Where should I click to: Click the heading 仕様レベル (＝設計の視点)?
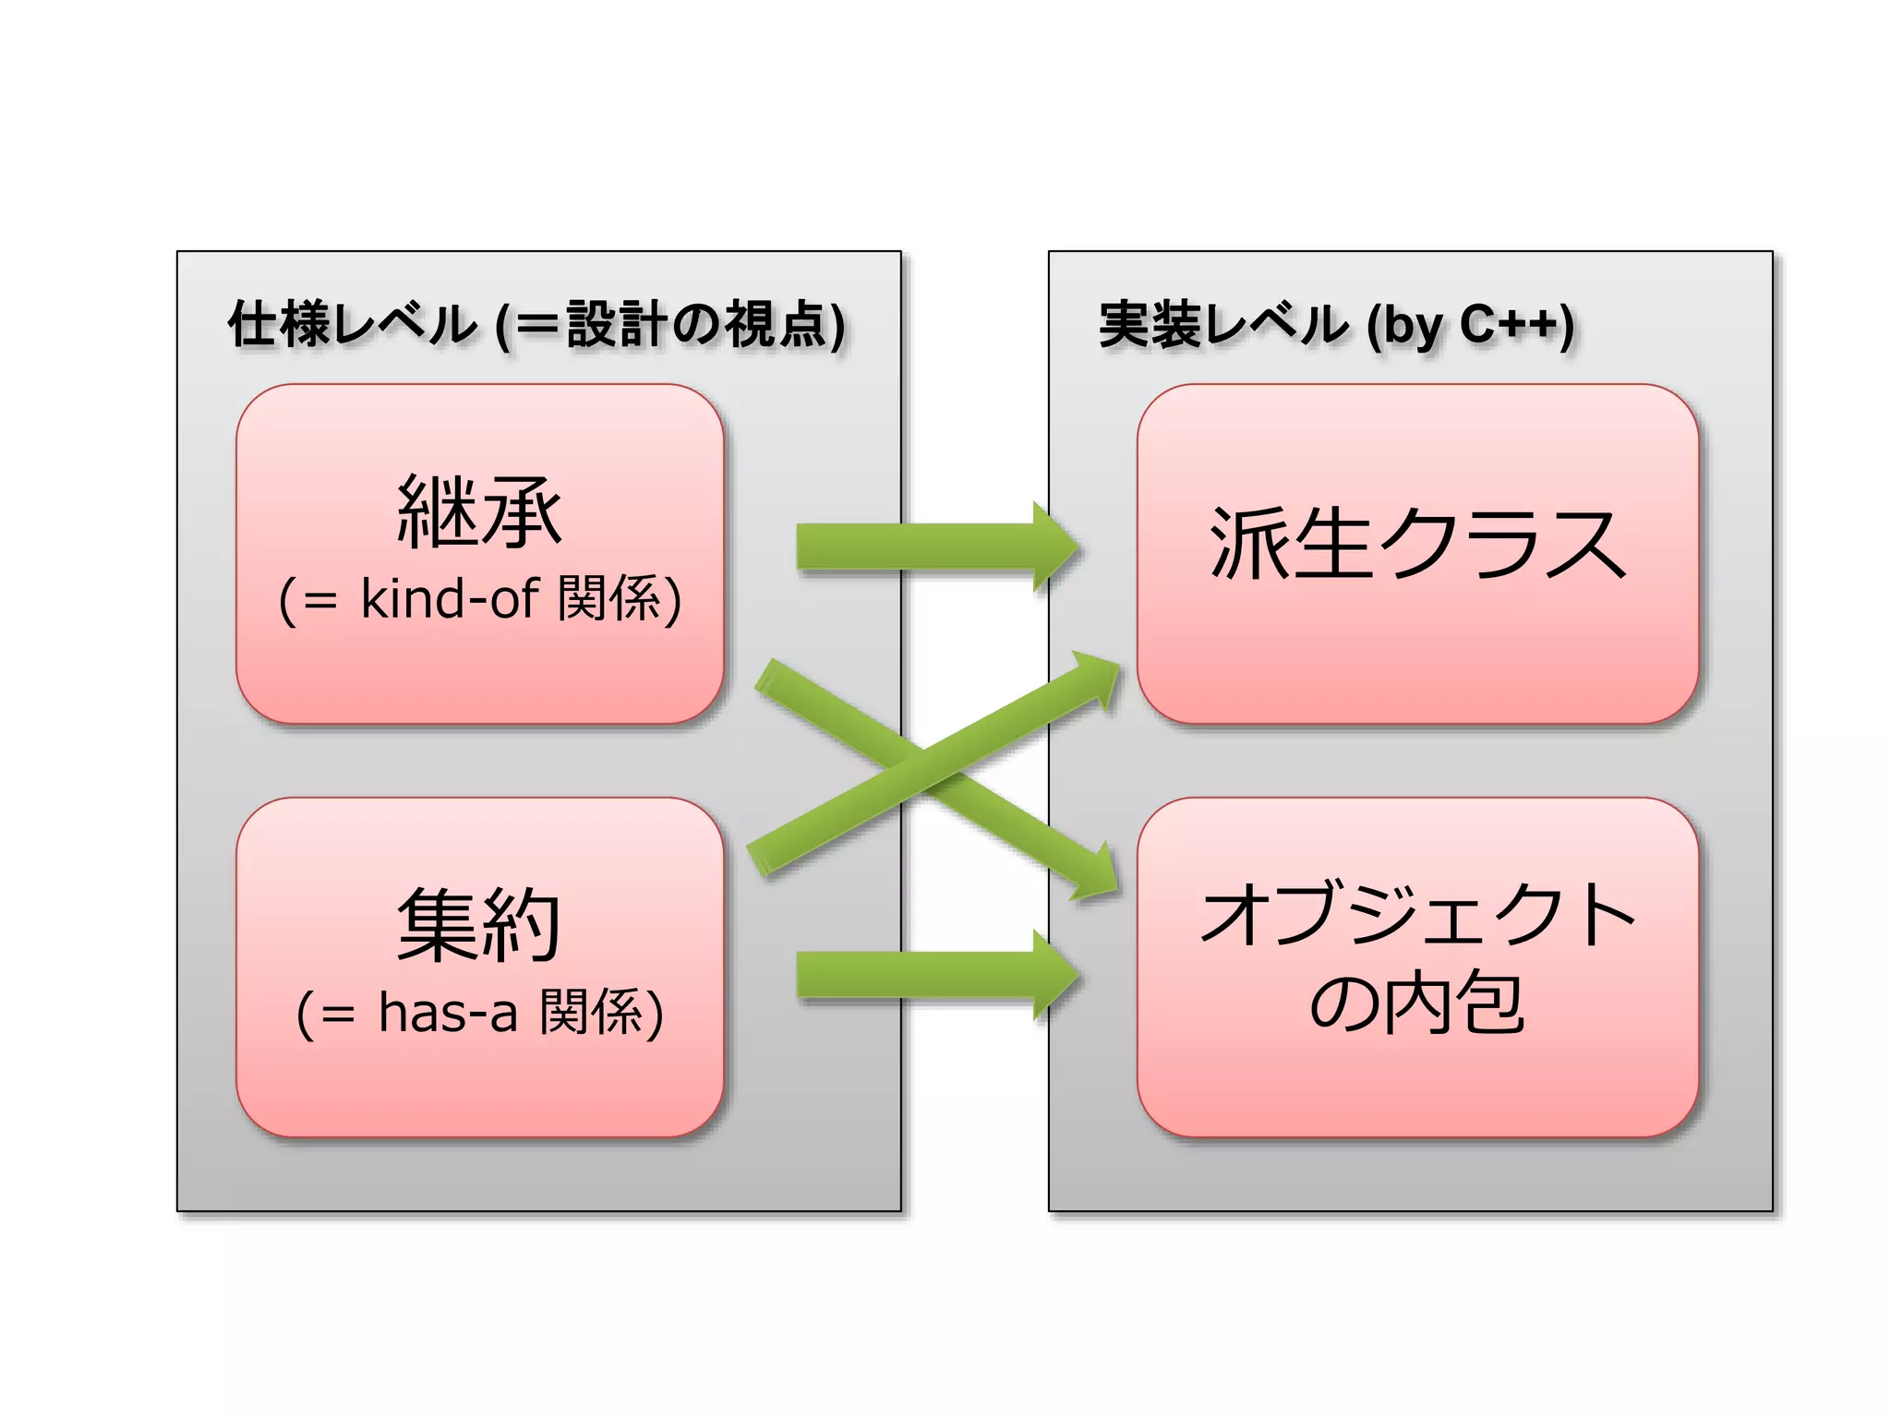(536, 325)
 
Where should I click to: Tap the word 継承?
(479, 511)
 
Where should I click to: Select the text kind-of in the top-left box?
(450, 598)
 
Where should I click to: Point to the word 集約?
(479, 924)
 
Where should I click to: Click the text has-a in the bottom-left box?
(448, 1012)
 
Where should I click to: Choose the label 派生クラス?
(1417, 544)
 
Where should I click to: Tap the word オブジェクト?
(1417, 914)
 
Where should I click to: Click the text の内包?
(1417, 1003)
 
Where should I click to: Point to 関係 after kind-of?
(609, 598)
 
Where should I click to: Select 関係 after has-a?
(591, 1012)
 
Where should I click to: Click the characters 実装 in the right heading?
(1150, 325)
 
